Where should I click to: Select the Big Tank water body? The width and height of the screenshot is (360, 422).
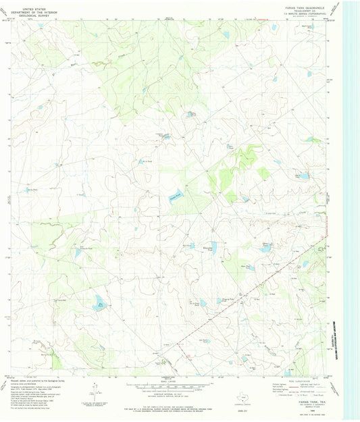coord(99,302)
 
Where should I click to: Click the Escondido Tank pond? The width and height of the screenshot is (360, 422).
coord(213,246)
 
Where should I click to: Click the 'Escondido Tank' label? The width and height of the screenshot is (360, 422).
coord(207,249)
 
